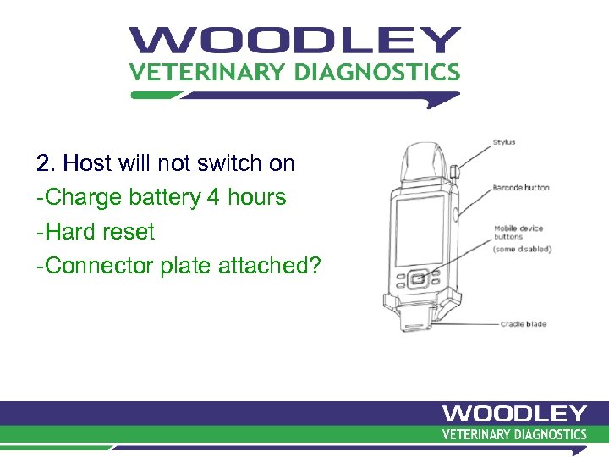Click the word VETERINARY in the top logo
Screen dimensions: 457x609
[207, 72]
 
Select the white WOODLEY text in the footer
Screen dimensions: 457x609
[514, 414]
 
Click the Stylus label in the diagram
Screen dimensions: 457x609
[504, 142]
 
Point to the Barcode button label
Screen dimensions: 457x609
[521, 187]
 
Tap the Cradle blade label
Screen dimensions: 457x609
[524, 324]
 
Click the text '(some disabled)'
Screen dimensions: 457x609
[523, 249]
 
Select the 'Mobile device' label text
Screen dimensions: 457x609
[518, 228]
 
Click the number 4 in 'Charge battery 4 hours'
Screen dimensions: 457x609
[214, 197]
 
